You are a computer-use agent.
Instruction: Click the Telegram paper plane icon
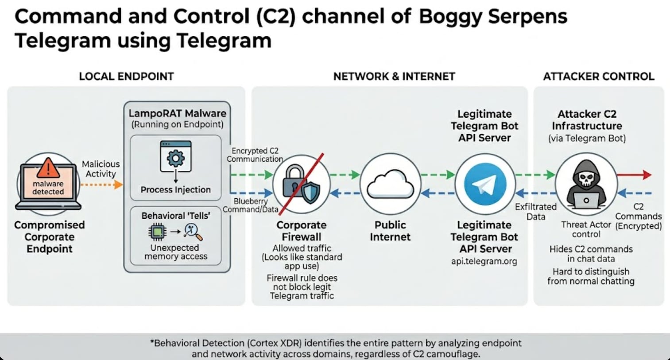pos(485,185)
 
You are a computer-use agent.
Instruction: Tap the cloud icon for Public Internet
pos(390,185)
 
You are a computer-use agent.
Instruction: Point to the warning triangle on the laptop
pos(48,168)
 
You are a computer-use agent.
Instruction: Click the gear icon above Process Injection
pos(176,158)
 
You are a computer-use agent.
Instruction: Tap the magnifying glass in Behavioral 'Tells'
pos(193,231)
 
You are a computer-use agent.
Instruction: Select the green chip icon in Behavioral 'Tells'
pos(157,231)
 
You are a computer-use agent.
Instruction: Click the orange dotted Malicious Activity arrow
pos(101,184)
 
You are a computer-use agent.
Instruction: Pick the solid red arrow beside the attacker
pos(634,175)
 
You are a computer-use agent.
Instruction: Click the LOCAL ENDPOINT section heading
pos(126,77)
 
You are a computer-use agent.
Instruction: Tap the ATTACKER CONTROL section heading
pos(599,77)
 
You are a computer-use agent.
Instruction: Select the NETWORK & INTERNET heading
pos(394,77)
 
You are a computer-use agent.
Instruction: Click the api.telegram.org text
pos(484,261)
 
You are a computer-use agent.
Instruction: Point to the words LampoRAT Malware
pos(177,113)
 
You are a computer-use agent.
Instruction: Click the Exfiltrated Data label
pos(536,212)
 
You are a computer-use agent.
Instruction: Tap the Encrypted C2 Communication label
pos(255,155)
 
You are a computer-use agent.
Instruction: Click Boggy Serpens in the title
pos(493,17)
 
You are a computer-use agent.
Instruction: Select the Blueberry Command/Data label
pos(251,205)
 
